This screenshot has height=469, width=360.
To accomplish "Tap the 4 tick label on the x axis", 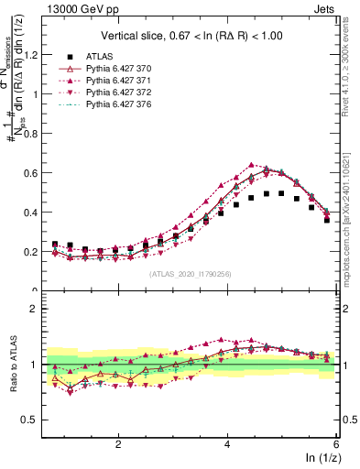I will coord(227,443).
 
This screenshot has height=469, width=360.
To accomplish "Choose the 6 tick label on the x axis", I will coord(336,443).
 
